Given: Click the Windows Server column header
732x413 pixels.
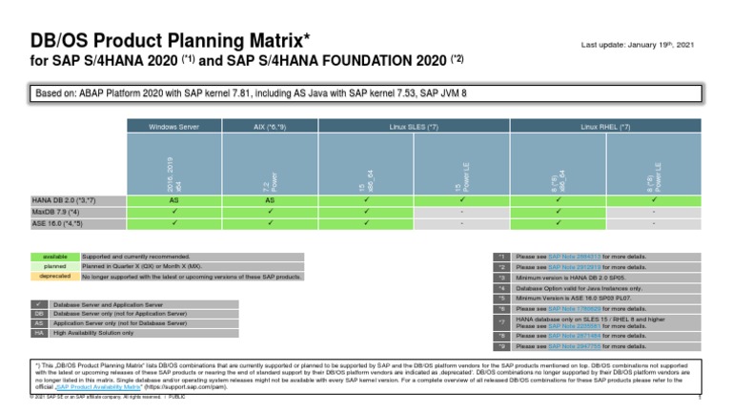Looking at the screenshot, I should coord(173,126).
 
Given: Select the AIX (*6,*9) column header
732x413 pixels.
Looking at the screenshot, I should coord(270,126).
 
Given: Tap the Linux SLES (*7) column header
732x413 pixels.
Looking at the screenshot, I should coord(414,126).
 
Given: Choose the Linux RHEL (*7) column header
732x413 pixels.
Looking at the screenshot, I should coord(605,126).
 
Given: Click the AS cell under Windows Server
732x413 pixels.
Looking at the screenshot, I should coord(173,201).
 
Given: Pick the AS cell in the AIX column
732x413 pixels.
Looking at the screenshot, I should coord(270,201).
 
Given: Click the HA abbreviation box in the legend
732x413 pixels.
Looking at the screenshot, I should coord(39,333).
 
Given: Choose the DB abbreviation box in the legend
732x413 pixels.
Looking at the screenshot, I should coord(39,313).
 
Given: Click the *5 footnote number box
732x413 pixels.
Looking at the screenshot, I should coord(499,299).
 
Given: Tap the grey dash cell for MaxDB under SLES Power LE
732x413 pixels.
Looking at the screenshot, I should coord(461,213).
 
